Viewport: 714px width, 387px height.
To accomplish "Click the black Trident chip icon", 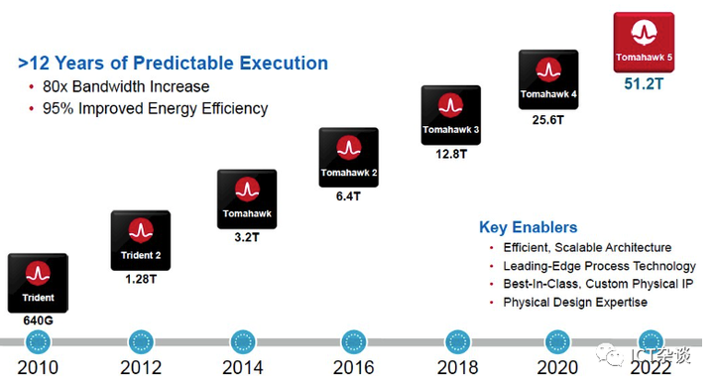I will [x=38, y=283].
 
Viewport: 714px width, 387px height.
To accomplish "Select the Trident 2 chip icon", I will [x=140, y=240].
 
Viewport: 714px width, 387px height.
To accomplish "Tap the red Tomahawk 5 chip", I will [x=644, y=42].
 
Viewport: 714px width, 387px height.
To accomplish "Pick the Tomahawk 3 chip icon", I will [x=450, y=114].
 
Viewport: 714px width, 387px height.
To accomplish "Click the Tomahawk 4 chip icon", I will [x=547, y=80].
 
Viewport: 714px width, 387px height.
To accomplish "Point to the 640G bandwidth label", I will [x=38, y=321].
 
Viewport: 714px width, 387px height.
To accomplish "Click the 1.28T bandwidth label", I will [x=140, y=279].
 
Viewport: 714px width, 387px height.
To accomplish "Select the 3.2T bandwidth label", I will [x=246, y=238].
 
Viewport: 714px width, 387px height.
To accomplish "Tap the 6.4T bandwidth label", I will [x=347, y=196].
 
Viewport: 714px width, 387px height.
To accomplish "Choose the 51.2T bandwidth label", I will [x=644, y=83].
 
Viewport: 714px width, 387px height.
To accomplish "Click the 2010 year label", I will [x=38, y=367].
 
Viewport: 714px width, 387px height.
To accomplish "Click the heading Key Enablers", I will [x=528, y=227].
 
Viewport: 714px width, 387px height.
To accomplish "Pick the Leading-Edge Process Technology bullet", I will [x=599, y=266].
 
